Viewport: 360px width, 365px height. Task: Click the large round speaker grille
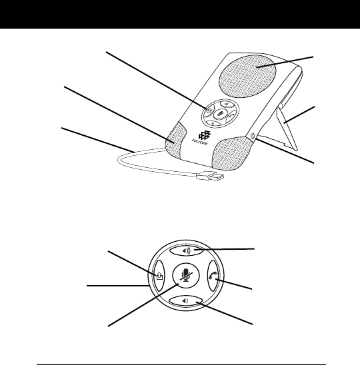248,77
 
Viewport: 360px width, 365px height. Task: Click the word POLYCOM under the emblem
200,142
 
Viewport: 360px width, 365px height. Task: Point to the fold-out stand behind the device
287,129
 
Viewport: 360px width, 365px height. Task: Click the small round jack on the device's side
251,136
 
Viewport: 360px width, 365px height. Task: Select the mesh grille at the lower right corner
231,153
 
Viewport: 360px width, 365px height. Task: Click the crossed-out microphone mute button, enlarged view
186,275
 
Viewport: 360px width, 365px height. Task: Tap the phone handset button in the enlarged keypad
213,276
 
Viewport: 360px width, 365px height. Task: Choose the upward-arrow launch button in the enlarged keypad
159,276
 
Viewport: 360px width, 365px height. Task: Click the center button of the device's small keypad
220,113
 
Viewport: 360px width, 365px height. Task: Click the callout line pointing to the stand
299,115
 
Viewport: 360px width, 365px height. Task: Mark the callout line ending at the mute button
143,305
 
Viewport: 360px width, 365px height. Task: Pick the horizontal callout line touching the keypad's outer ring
118,285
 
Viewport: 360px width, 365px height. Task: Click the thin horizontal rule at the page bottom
181,364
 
